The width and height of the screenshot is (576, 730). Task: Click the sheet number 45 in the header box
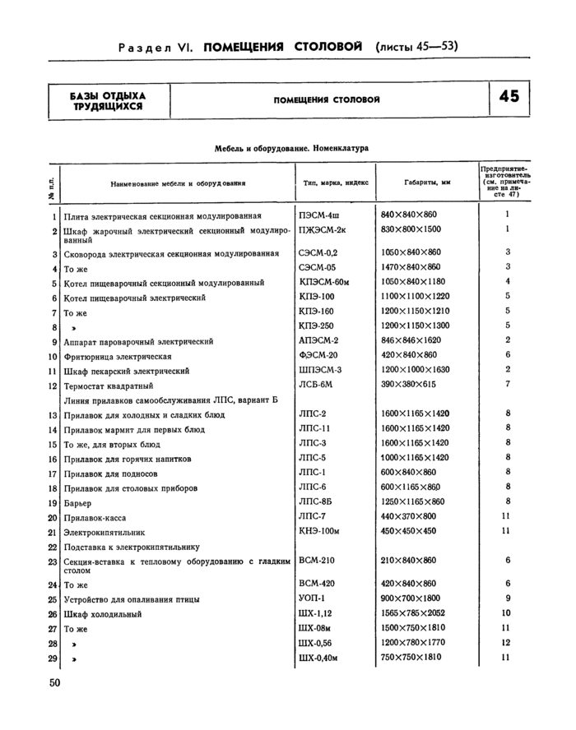pyautogui.click(x=509, y=97)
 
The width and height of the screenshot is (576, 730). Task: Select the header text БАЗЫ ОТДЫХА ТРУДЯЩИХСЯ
pyautogui.click(x=108, y=100)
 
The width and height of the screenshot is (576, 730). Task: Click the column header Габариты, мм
pyautogui.click(x=427, y=182)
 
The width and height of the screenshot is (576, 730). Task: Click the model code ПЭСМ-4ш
pyautogui.click(x=319, y=215)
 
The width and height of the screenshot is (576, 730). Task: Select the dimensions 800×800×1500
pyautogui.click(x=411, y=229)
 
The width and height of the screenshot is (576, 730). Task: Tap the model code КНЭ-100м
pyautogui.click(x=321, y=531)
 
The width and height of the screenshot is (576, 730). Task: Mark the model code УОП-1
pyautogui.click(x=313, y=598)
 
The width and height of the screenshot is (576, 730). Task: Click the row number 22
pyautogui.click(x=52, y=547)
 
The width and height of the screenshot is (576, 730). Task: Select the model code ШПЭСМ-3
pyautogui.click(x=321, y=370)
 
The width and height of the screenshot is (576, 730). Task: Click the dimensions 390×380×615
pyautogui.click(x=408, y=385)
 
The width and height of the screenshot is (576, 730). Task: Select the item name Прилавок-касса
pyautogui.click(x=92, y=518)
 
